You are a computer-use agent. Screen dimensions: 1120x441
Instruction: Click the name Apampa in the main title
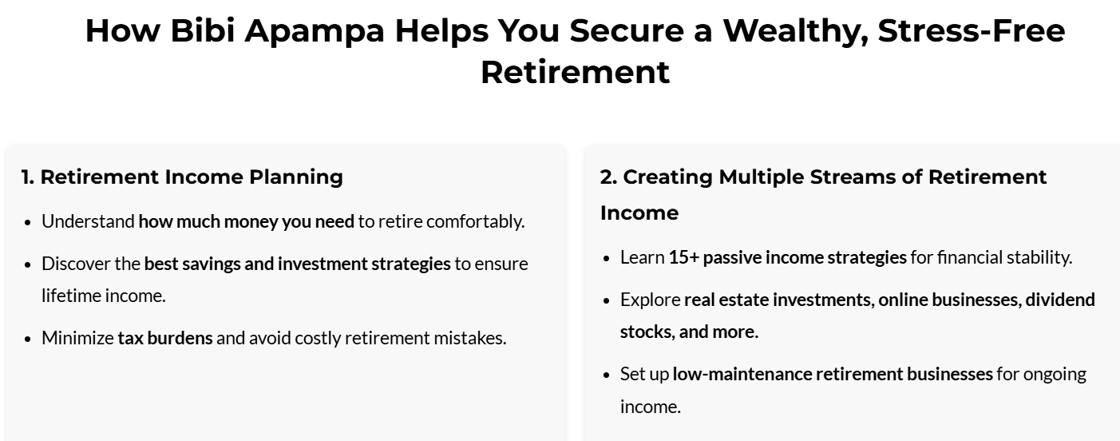[315, 32]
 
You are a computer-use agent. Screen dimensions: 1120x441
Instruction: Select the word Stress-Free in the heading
[972, 30]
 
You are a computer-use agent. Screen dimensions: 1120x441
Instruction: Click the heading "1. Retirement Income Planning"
[182, 177]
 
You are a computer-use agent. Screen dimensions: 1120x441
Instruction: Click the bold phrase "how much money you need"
[247, 222]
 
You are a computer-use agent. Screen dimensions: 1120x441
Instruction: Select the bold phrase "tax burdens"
[165, 339]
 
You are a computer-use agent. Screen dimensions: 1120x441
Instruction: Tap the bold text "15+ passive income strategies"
[787, 258]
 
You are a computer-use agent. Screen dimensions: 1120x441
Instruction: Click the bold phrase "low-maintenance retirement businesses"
[833, 375]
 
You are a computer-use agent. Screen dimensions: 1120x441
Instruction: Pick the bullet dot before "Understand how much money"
[28, 223]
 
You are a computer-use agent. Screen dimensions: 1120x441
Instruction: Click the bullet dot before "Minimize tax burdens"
[28, 340]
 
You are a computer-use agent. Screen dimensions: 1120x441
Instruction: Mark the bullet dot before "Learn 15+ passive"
[607, 259]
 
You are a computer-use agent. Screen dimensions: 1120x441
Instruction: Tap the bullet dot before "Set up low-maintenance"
[607, 375]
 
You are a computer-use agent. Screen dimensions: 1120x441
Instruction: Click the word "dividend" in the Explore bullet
[1060, 300]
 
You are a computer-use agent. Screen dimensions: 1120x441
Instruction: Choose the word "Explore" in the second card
[650, 300]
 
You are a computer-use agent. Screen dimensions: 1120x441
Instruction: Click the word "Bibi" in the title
[203, 31]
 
